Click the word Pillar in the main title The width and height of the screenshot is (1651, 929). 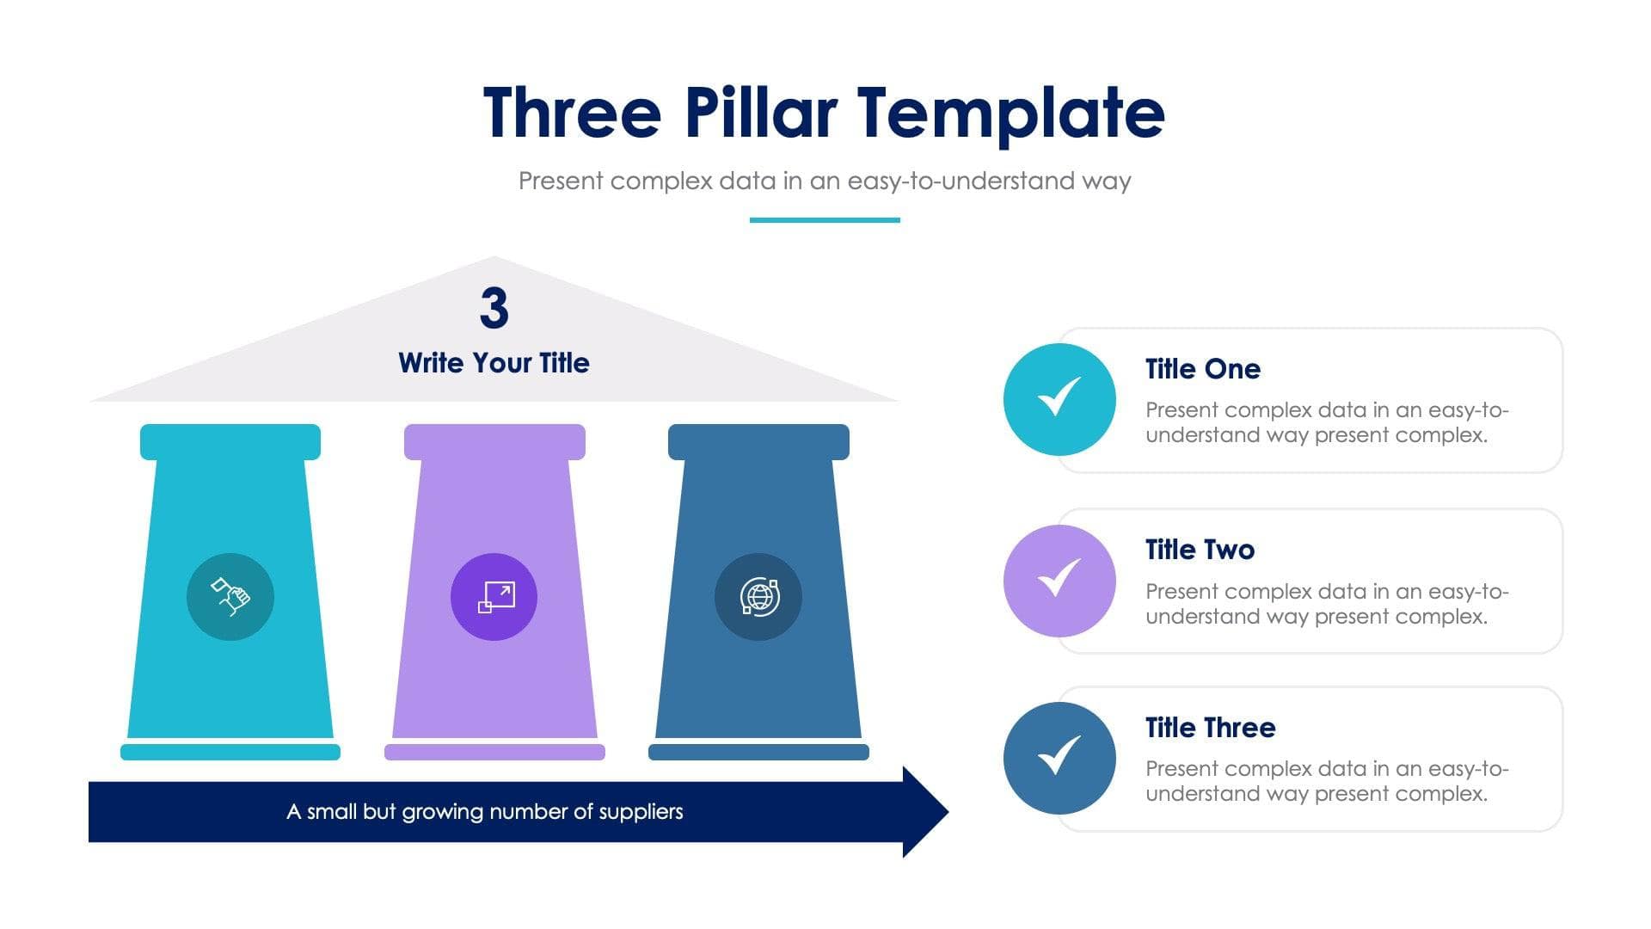pos(760,113)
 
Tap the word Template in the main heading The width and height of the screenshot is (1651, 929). pos(1011,114)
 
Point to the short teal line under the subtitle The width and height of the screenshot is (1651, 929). pos(825,220)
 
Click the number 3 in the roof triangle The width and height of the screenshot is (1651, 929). pos(494,308)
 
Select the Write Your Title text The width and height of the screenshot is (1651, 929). pos(494,363)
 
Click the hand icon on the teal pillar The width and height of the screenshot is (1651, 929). pos(230,596)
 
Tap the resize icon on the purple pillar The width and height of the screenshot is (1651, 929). pos(494,596)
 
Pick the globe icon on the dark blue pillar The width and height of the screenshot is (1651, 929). pos(758,596)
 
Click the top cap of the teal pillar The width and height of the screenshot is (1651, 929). pos(230,441)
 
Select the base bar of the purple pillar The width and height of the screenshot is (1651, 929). pos(494,752)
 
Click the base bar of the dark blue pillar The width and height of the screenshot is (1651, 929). pos(758,752)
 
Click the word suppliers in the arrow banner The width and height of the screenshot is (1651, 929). pos(641,811)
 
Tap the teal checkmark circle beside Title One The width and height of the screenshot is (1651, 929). pos(1059,399)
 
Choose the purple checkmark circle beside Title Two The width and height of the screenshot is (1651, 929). pos(1059,581)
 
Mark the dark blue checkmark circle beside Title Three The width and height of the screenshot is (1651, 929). pos(1059,758)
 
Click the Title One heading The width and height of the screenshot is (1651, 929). pos(1202,369)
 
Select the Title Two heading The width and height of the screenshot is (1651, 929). pos(1200,550)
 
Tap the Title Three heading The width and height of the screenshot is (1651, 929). pos(1210,728)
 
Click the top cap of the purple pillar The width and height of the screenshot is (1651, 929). pos(494,441)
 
